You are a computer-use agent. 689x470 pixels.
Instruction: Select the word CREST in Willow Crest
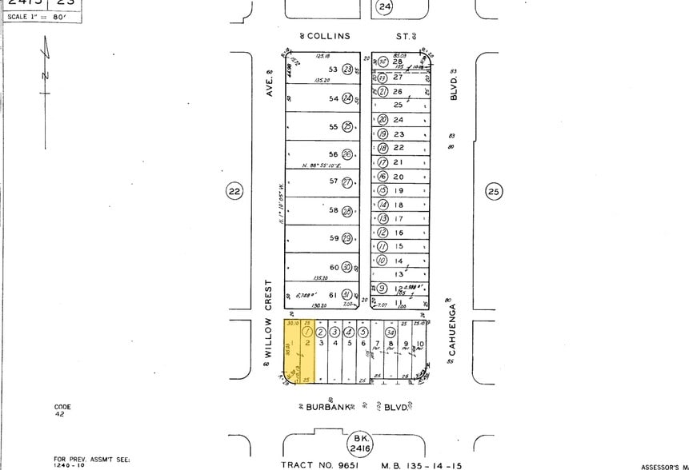coord(269,296)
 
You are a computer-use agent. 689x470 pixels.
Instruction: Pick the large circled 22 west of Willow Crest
coord(234,191)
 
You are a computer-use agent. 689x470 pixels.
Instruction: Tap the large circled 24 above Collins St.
coord(385,7)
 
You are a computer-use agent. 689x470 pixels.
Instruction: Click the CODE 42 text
coord(62,411)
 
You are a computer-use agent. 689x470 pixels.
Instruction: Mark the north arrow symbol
coord(46,76)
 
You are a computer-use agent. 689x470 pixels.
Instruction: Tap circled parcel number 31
coord(347,295)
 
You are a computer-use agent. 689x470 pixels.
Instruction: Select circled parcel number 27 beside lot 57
coord(347,182)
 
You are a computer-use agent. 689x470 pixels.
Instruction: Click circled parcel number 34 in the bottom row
coord(391,332)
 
